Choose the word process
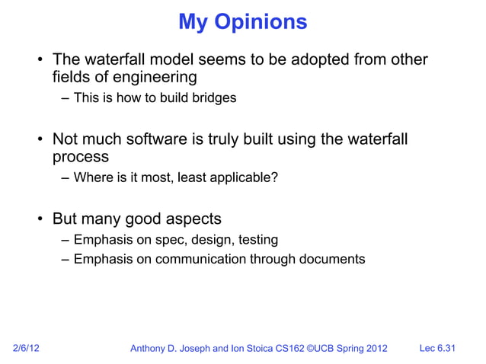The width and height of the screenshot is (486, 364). coord(80,158)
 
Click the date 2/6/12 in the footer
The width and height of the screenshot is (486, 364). coord(27,349)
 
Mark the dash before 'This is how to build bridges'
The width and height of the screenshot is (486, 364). coord(66,98)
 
